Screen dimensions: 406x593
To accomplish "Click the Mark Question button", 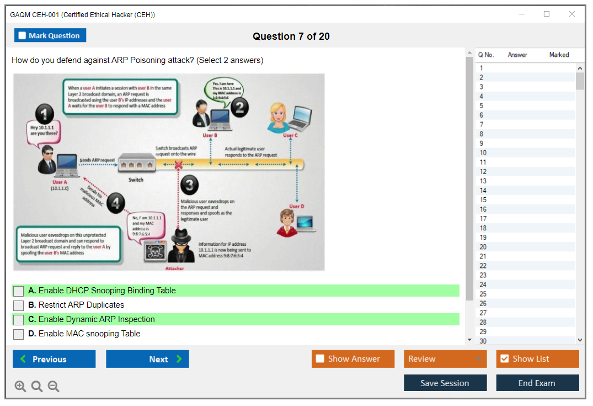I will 50,35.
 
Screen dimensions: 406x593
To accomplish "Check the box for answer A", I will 19,291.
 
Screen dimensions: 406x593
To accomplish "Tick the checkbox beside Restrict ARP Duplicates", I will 19,305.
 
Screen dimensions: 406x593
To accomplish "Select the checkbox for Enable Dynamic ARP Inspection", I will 19,320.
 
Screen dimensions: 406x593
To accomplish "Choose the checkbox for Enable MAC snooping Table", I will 19,334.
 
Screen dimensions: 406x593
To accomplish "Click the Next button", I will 147,359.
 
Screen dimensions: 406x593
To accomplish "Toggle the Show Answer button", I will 353,359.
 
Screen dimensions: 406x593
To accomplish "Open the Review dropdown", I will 445,359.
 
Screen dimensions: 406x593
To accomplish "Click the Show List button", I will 537,359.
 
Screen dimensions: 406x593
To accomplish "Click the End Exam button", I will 537,383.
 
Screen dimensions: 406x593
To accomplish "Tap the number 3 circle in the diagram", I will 189,186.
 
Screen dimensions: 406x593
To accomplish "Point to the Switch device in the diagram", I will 136,165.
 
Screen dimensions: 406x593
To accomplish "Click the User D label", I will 296,207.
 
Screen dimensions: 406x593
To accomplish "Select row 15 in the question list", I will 483,200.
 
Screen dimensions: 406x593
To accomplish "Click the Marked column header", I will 559,55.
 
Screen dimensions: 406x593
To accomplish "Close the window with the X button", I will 572,14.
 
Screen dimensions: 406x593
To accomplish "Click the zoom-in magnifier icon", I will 20,386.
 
